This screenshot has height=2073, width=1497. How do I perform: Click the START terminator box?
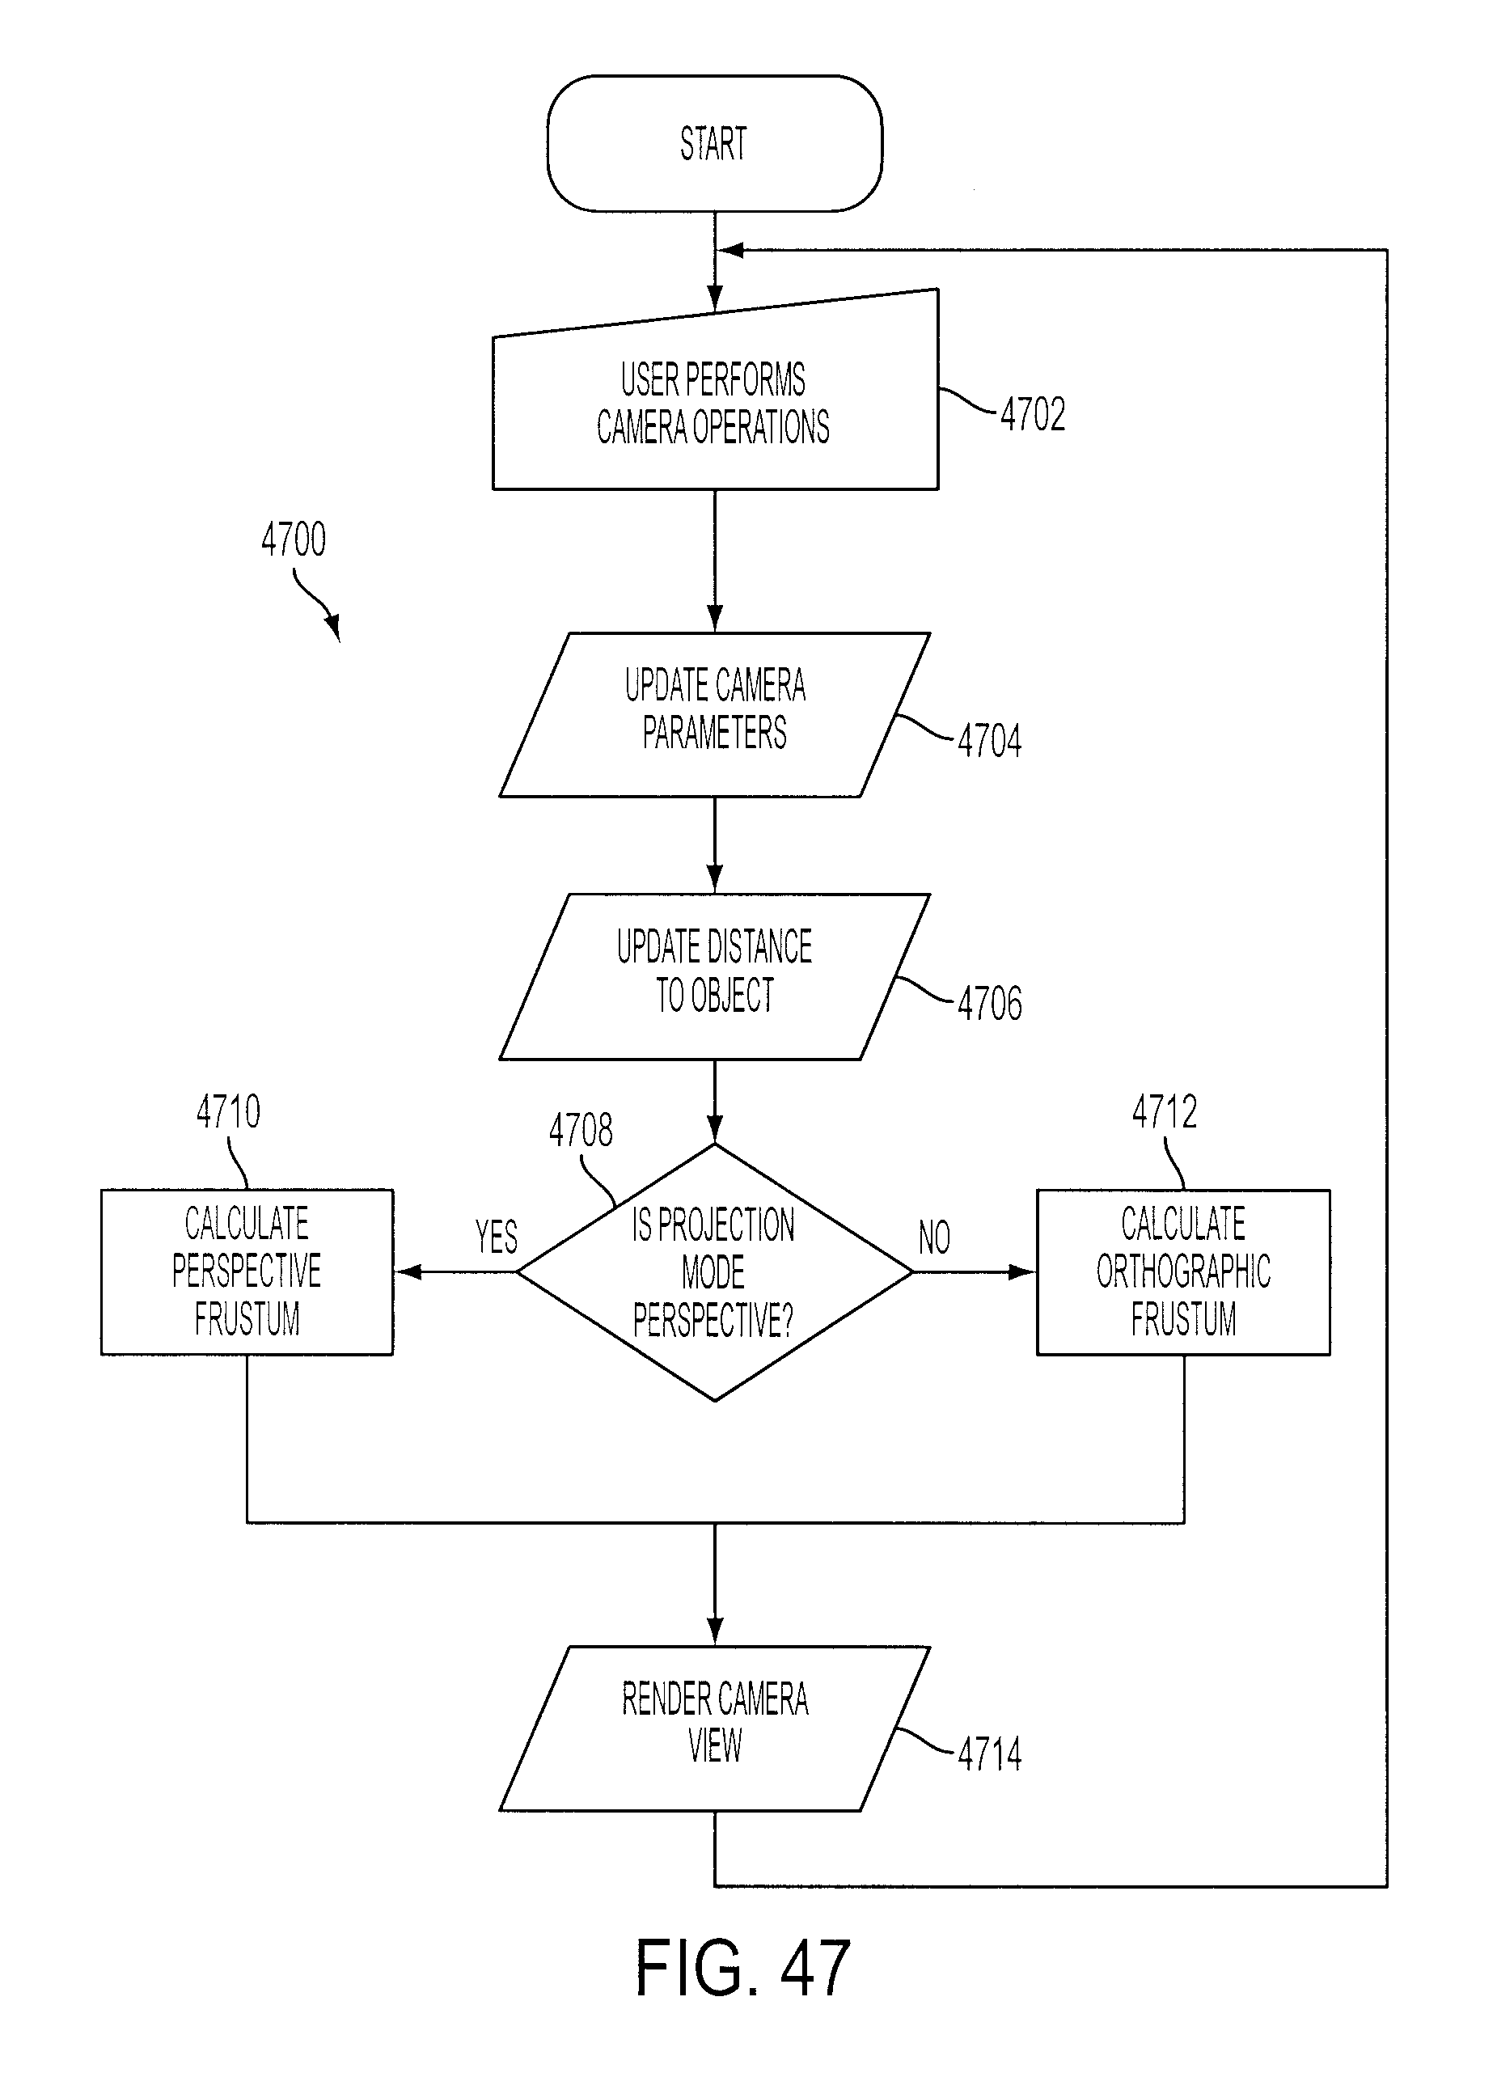pos(715,143)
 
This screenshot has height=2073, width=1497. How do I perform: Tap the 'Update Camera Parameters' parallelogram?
pos(715,715)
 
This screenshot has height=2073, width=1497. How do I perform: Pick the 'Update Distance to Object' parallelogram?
pos(715,976)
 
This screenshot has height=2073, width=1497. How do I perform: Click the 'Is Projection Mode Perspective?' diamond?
pos(715,1271)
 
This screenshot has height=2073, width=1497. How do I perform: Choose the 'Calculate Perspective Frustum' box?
pos(247,1271)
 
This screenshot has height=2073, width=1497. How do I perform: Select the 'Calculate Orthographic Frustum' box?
pos(1183,1271)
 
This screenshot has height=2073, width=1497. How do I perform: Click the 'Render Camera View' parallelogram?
pos(715,1728)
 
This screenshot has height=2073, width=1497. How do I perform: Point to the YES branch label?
pos(497,1237)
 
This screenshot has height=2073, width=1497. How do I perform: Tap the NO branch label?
pos(934,1237)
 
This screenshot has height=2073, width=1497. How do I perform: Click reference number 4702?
pos(1033,414)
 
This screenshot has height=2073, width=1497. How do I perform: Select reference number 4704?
pos(990,740)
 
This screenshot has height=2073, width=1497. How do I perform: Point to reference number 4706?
pos(990,1004)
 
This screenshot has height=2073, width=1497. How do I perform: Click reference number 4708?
pos(581,1130)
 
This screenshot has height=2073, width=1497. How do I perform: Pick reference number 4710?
pos(229,1111)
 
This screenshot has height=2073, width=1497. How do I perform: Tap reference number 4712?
pos(1165,1111)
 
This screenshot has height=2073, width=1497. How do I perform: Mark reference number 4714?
pos(990,1754)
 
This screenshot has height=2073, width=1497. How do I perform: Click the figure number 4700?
pos(294,539)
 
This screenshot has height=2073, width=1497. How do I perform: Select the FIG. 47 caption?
pos(742,1967)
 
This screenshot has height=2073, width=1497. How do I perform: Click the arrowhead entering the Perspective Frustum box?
pos(408,1271)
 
